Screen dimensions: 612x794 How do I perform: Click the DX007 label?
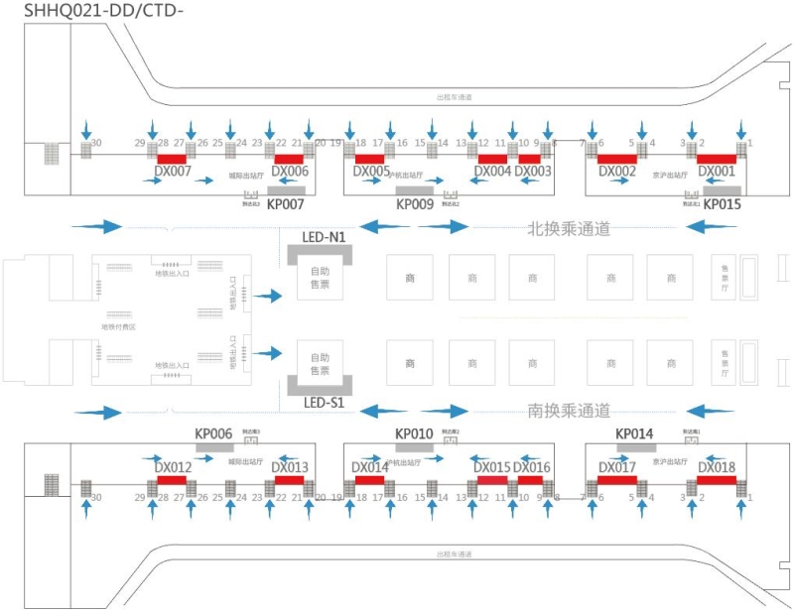(174, 172)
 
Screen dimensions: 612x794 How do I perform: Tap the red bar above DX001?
(717, 159)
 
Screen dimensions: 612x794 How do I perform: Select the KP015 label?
(723, 204)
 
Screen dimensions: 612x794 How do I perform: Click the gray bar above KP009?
(415, 190)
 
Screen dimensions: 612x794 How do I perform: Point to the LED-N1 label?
(324, 238)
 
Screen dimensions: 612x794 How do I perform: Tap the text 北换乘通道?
(569, 227)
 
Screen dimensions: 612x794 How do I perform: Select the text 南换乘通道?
(569, 411)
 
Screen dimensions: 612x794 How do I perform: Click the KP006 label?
(213, 434)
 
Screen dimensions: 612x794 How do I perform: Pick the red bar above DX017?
(617, 480)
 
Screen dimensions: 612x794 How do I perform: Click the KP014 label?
(634, 434)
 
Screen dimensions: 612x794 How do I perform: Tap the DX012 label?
(174, 467)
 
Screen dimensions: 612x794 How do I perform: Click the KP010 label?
(414, 434)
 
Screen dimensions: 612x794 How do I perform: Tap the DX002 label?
(617, 172)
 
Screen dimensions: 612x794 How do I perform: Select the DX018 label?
(717, 467)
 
